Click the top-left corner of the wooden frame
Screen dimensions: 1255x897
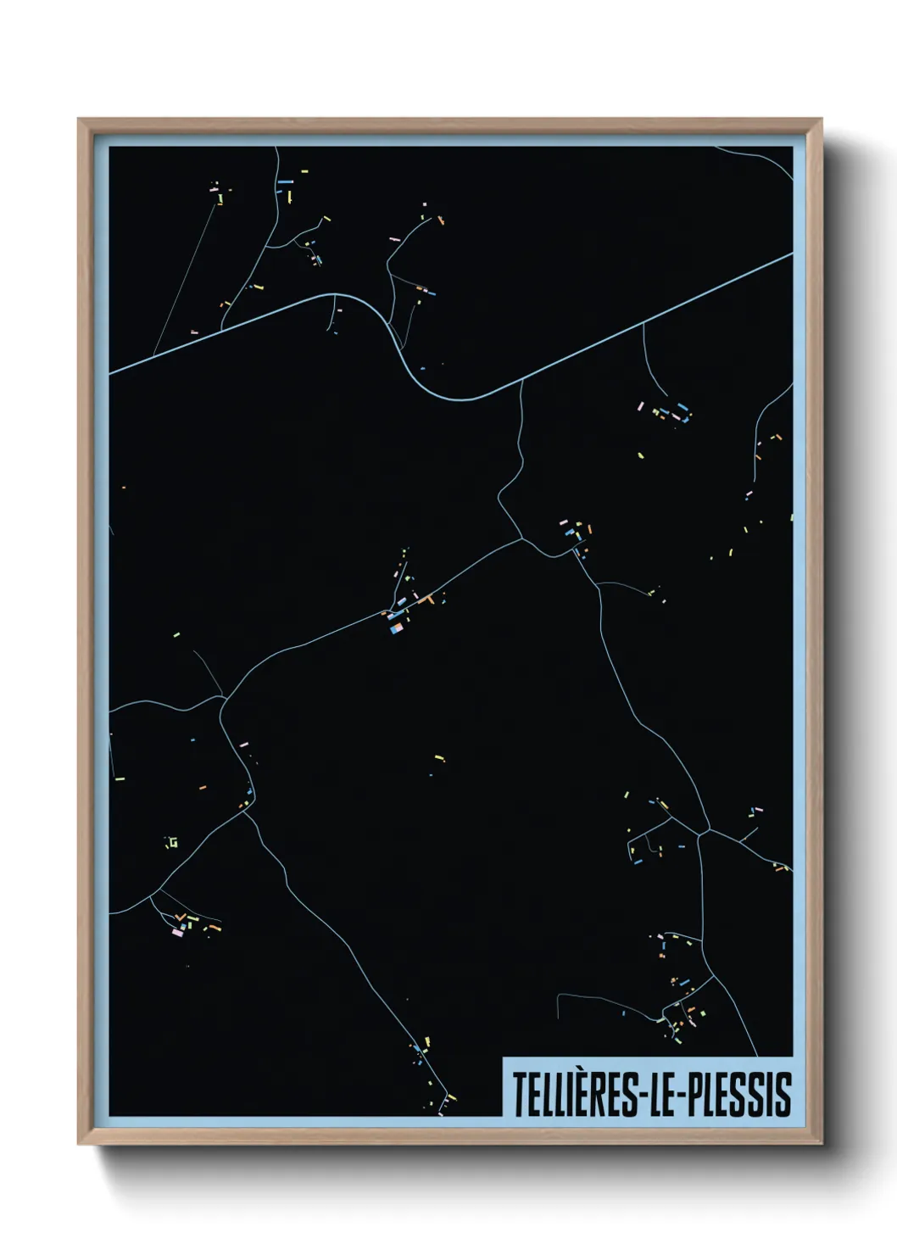click(79, 120)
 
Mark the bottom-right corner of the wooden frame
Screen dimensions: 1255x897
click(821, 1143)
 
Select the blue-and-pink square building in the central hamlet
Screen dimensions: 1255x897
click(395, 628)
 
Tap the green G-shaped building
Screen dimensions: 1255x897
click(172, 842)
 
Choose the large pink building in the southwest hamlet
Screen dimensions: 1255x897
click(177, 932)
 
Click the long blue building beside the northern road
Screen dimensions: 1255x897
click(285, 181)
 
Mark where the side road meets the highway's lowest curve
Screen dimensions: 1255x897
click(521, 382)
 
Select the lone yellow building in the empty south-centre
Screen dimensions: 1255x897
click(438, 757)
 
